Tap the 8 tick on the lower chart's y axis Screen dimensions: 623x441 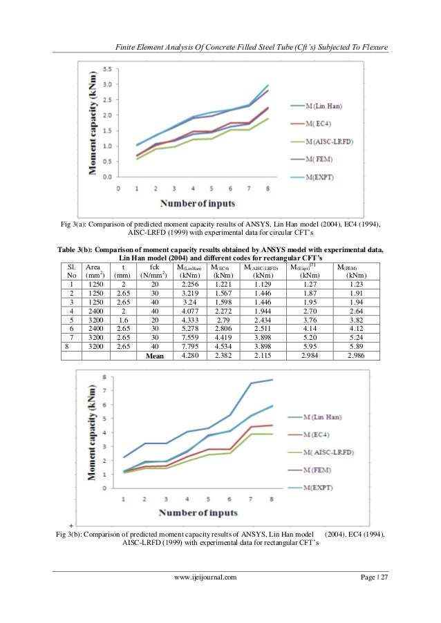[104, 377]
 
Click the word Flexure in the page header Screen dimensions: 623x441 [371, 47]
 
